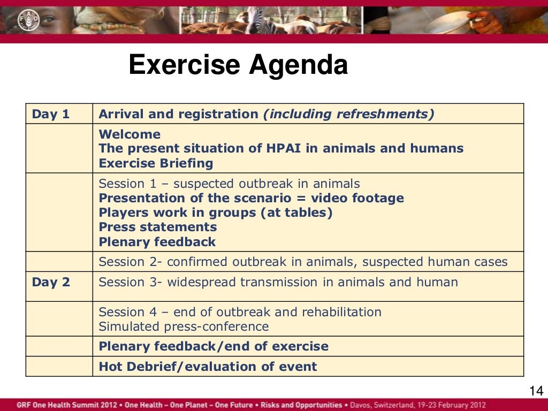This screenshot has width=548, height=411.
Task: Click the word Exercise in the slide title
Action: (184, 65)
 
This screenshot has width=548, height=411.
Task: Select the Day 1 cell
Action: (51, 114)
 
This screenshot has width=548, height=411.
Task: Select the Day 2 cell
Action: (51, 282)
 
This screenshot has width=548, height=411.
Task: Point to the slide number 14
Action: (536, 390)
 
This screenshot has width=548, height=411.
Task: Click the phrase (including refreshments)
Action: (348, 114)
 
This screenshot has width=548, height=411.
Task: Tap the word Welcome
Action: (130, 134)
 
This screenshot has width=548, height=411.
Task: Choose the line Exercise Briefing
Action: (156, 163)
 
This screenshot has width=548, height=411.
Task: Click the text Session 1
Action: (126, 184)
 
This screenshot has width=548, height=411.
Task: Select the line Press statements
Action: (158, 227)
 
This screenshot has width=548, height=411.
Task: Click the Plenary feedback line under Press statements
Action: (157, 242)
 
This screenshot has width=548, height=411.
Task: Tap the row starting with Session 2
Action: (303, 262)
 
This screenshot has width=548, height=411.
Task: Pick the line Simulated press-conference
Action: (184, 326)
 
